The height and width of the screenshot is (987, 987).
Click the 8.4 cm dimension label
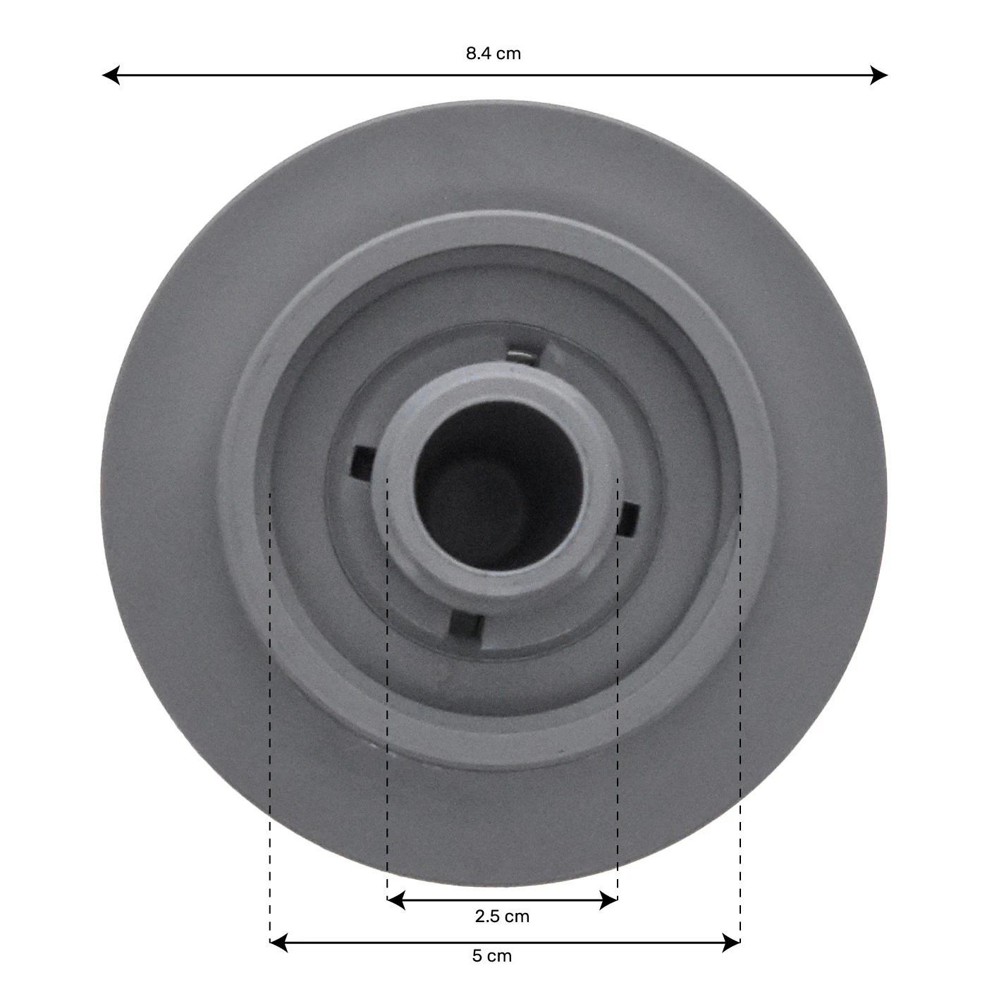pos(493,54)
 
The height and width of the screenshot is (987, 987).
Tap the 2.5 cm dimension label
pos(501,916)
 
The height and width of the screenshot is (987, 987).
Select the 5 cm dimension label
pos(491,956)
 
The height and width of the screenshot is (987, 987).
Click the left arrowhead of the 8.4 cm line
pos(111,75)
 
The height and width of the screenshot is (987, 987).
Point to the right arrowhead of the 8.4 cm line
pos(879,75)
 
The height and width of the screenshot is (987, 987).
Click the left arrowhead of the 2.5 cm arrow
pos(396,900)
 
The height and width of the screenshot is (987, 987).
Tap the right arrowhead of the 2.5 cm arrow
pos(608,900)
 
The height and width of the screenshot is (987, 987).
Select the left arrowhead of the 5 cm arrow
pos(278,943)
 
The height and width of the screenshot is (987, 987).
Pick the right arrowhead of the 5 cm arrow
pos(731,943)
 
